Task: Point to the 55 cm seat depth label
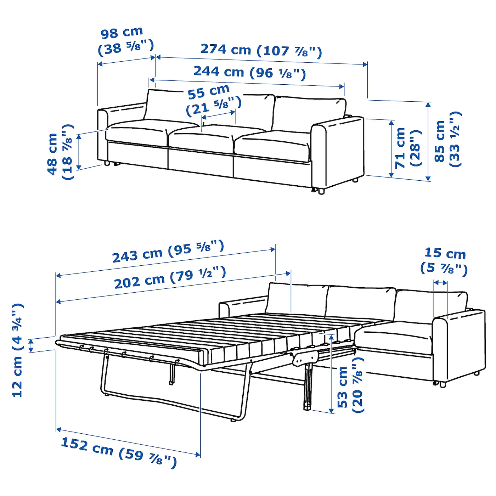click(214, 100)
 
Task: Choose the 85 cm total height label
click(448, 139)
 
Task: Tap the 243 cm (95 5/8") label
click(168, 252)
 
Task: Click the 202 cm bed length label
click(170, 278)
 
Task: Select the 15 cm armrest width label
click(444, 261)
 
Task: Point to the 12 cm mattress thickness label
click(18, 350)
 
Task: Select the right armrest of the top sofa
click(338, 152)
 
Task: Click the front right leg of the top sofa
click(321, 192)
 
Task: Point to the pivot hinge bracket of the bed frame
click(307, 358)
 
